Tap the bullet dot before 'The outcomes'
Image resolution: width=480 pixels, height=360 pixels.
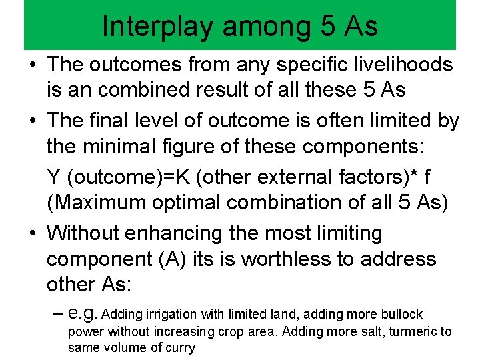pos(32,65)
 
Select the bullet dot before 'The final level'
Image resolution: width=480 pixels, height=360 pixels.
pos(32,121)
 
